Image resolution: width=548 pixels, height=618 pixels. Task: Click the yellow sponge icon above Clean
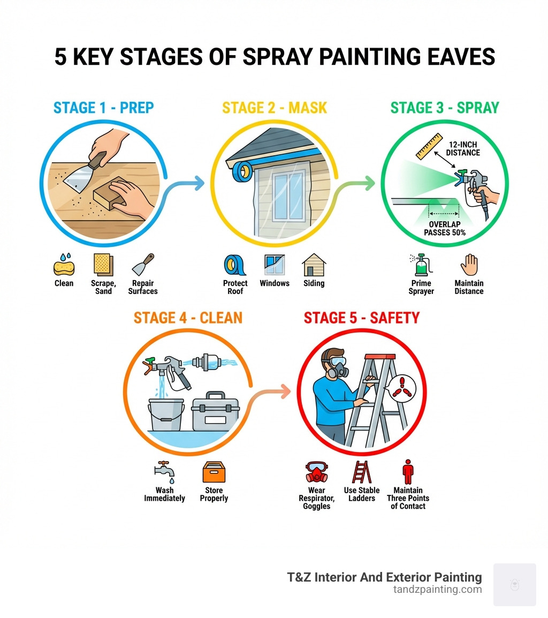tap(64, 265)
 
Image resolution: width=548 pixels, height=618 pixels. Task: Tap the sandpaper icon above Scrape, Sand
tap(103, 265)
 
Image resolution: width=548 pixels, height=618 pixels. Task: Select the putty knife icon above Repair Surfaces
tap(143, 265)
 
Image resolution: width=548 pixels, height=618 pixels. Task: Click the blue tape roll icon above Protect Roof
tap(235, 265)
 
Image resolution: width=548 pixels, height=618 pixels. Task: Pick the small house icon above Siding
tap(314, 265)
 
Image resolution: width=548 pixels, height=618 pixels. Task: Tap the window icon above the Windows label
tap(275, 265)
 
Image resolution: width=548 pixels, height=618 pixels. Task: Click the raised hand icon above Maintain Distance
tap(469, 265)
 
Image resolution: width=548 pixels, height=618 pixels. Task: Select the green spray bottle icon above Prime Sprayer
tap(421, 265)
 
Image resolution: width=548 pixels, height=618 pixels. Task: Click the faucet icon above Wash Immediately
tap(164, 472)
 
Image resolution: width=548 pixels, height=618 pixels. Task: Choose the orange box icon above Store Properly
tap(214, 472)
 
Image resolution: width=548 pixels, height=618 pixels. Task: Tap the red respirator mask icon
tap(316, 472)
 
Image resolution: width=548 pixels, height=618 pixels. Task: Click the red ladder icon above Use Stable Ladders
tap(362, 472)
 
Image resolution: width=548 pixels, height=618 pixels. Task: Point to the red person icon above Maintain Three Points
tap(408, 472)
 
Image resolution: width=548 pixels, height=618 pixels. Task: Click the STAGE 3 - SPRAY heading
tap(444, 108)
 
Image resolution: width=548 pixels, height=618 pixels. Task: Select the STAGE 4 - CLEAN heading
tap(188, 318)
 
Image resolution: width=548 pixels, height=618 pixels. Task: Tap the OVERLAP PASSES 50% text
tap(445, 229)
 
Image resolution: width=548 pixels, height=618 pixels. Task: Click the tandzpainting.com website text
tap(437, 590)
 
